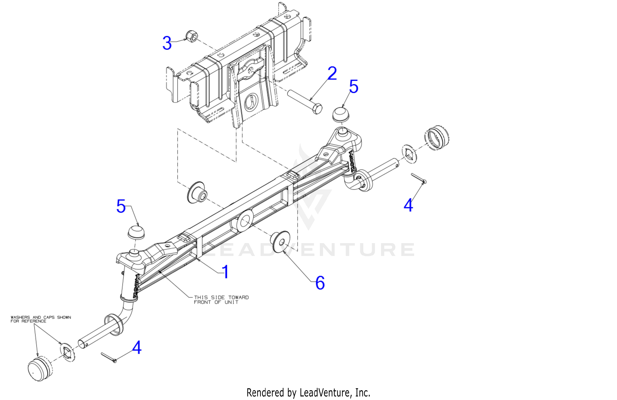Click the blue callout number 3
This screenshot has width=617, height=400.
(x=167, y=43)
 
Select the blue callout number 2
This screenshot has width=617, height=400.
(x=332, y=73)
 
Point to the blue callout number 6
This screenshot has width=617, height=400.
(x=320, y=283)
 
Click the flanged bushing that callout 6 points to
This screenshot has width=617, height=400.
(x=281, y=241)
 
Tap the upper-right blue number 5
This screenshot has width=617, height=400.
(x=354, y=86)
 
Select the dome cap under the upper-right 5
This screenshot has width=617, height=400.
(x=341, y=114)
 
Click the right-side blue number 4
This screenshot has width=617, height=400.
(x=408, y=205)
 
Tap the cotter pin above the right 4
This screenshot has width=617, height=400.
(x=419, y=179)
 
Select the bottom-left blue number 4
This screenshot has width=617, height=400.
(x=137, y=348)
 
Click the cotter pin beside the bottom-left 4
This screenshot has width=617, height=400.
(x=109, y=358)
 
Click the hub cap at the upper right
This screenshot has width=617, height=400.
(x=437, y=138)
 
